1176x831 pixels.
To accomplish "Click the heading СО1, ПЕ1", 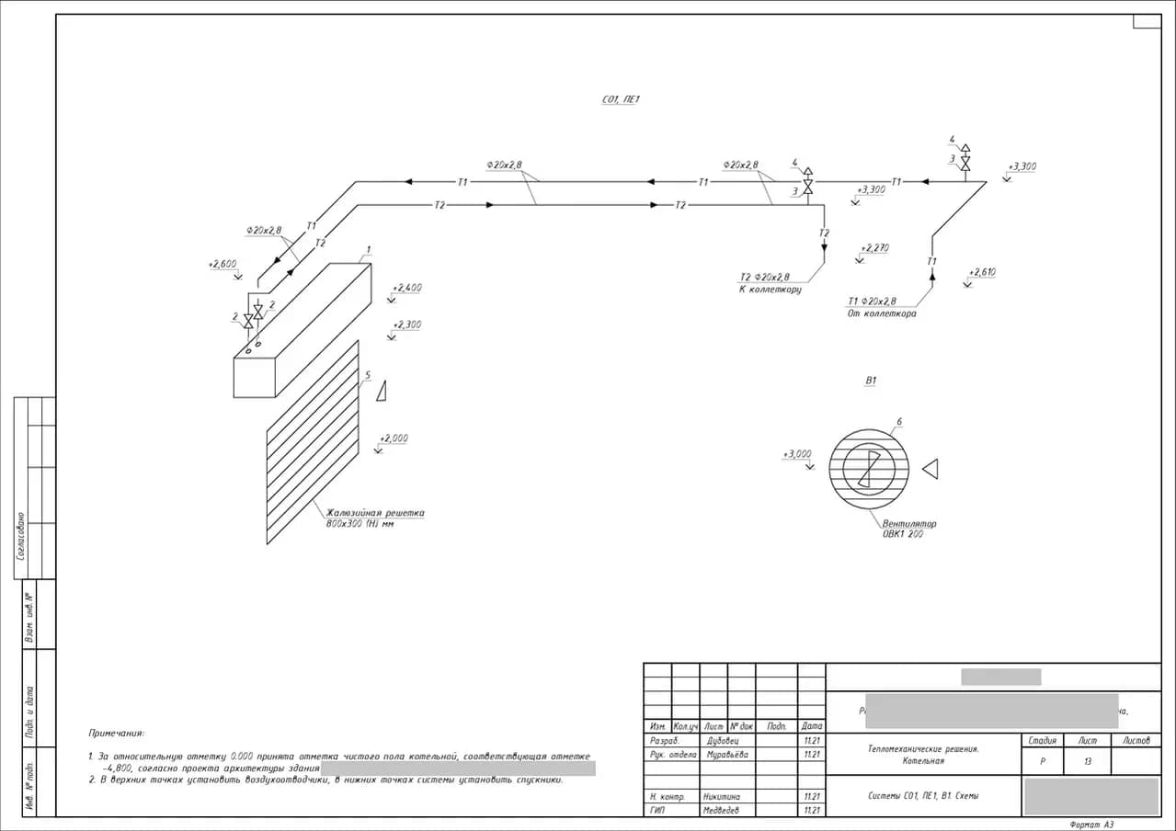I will pos(620,99).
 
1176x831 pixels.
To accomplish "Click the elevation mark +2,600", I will pos(223,265).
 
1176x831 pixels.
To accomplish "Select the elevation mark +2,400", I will pos(406,289).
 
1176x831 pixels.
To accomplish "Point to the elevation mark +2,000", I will pos(393,438).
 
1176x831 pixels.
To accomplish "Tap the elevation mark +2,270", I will pos(874,248).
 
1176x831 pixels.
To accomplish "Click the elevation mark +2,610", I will pos(981,272).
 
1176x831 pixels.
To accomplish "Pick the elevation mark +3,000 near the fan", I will pos(797,454).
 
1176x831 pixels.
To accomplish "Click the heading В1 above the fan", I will pos(871,380).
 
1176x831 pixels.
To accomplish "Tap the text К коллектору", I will pos(770,290).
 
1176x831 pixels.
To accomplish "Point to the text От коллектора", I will pos(881,313).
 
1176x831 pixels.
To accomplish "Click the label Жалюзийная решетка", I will pos(375,513).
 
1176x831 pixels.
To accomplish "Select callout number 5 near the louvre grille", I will pos(367,375).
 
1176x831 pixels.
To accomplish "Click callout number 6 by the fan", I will pos(898,422).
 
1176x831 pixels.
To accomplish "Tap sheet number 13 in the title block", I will pos(1087,762).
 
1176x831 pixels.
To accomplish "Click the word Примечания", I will pos(116,734).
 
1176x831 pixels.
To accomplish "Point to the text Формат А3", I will pos(1091,825).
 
